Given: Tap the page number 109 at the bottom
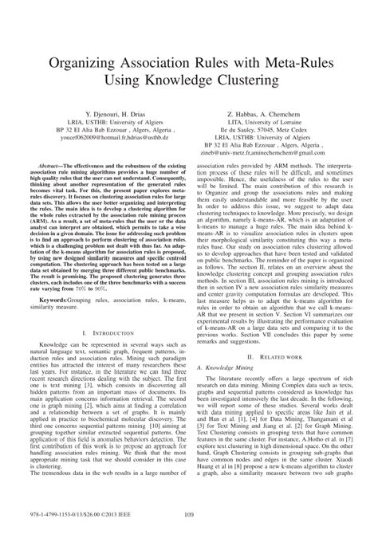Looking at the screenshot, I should [189, 514].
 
